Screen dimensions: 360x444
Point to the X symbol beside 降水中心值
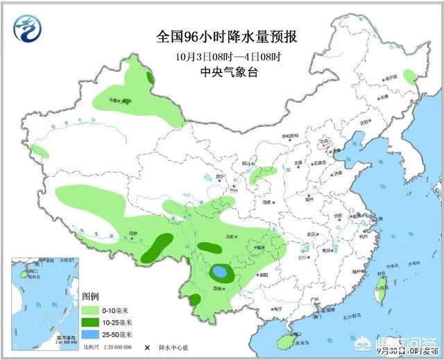click(x=147, y=347)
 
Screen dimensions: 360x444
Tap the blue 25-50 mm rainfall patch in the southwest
click(x=220, y=271)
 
